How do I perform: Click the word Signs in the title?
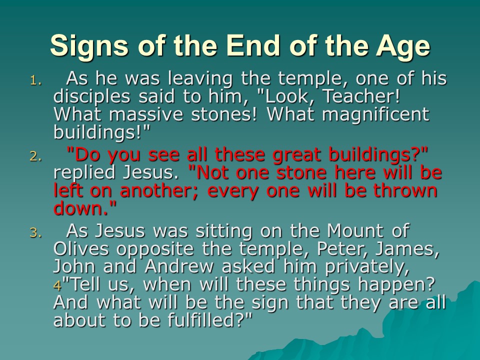pyautogui.click(x=89, y=46)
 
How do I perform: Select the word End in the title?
pyautogui.click(x=253, y=45)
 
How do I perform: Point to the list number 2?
pyautogui.click(x=35, y=156)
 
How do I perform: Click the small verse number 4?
pyautogui.click(x=57, y=285)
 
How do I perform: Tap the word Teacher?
pyautogui.click(x=361, y=96)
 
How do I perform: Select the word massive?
pyautogui.click(x=146, y=114)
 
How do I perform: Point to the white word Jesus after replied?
pyautogui.click(x=150, y=172)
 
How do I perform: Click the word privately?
pyautogui.click(x=367, y=267)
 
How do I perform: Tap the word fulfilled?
pyautogui.click(x=209, y=320)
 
